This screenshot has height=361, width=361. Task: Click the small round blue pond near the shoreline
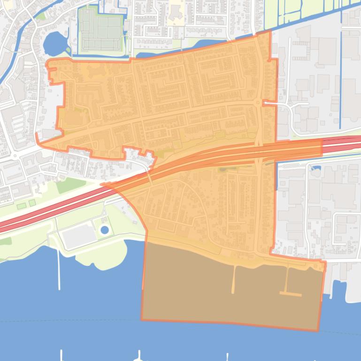pos(104,230)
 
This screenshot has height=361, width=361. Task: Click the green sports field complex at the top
pos(100,30)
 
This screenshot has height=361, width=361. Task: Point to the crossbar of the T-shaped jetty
pos(291,294)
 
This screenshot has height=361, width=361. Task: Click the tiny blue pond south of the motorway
pos(316,168)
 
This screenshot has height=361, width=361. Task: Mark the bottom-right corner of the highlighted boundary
pos(318,331)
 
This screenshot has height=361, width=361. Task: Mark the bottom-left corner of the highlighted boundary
pos(141,320)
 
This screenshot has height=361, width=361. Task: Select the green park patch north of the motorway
pos(70,185)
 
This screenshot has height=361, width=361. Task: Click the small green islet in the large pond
pos(68,49)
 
